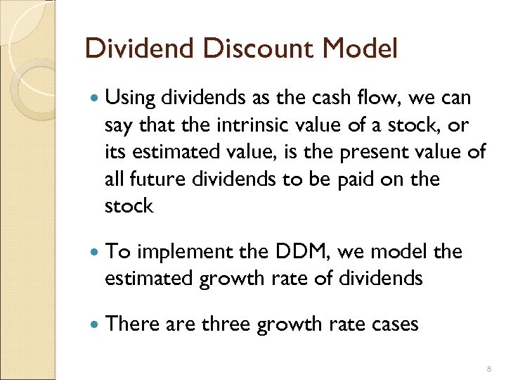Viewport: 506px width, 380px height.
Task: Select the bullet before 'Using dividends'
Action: pos(94,99)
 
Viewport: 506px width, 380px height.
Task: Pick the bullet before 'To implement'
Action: pos(94,253)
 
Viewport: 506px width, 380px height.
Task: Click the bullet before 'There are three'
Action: pos(94,324)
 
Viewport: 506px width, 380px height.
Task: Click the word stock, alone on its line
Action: pos(128,205)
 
